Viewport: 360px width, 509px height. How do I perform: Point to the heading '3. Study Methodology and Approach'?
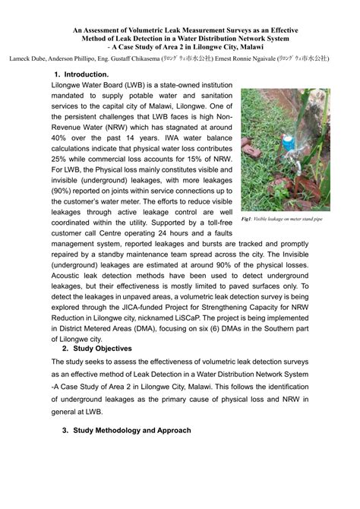[x=127, y=430]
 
